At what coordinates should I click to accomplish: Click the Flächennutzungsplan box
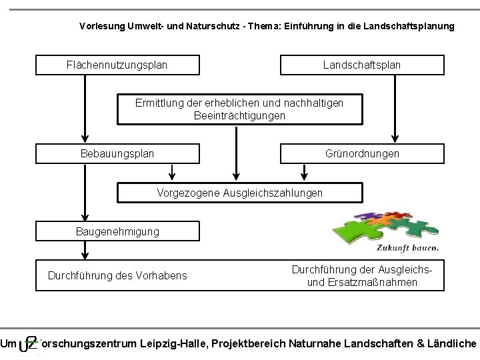click(117, 65)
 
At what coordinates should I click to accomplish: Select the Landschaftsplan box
click(361, 65)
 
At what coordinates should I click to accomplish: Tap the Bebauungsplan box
click(117, 153)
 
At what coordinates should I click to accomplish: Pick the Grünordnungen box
click(361, 153)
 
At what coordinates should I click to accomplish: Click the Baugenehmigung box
click(117, 231)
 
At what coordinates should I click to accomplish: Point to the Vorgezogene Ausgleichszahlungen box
click(239, 193)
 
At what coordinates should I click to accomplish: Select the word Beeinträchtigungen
click(239, 115)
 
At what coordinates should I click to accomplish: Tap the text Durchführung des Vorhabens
click(117, 275)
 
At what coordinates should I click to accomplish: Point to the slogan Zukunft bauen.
click(407, 247)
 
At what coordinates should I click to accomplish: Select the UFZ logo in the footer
click(27, 343)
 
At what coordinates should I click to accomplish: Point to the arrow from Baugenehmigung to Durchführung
click(85, 251)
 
